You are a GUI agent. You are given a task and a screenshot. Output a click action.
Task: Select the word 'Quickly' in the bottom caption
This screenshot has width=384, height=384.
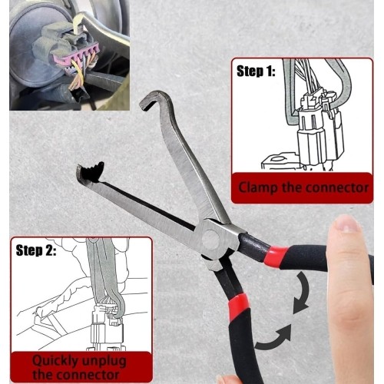[55, 359]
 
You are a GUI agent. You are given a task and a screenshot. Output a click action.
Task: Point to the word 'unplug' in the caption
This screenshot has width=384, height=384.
[104, 359]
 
